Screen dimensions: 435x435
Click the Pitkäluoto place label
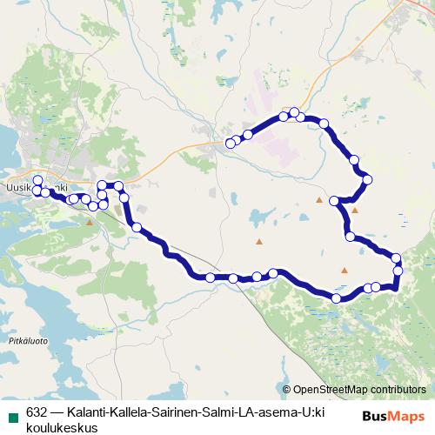28,341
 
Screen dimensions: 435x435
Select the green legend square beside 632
12,413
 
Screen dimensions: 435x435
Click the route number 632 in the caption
37,413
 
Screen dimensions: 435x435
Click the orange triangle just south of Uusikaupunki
90,222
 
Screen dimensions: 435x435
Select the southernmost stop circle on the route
337,298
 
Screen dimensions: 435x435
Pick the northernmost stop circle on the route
295,112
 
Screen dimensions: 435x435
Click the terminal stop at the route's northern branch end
231,143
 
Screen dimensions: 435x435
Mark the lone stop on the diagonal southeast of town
137,227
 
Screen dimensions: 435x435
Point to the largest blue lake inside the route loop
258,214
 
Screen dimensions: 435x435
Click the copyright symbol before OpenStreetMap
287,389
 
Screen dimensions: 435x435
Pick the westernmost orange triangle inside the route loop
258,241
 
